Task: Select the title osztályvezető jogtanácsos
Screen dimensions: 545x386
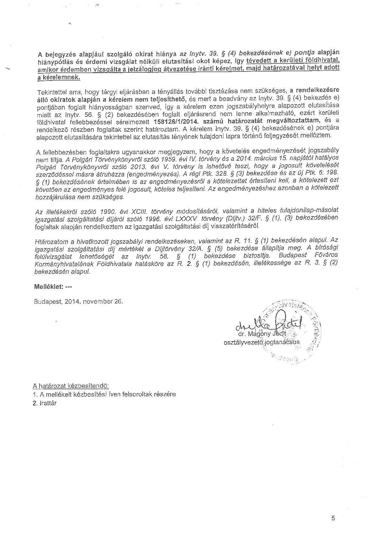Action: [261, 342]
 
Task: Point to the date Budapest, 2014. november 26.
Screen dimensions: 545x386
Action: [79, 302]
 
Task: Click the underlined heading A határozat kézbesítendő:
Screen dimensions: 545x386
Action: [71, 386]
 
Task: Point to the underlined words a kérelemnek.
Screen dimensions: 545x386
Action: [59, 78]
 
